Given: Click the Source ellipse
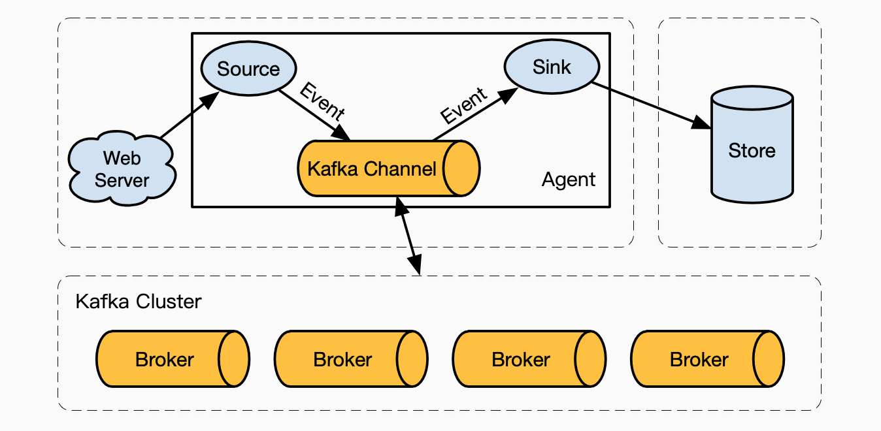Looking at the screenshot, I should tap(248, 69).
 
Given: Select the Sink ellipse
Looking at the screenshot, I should tap(552, 67).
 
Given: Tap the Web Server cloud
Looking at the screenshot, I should tap(122, 168).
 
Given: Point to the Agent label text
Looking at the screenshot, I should tap(569, 180).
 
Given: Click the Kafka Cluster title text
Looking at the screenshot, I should tap(139, 302).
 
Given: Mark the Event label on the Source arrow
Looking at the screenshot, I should tap(322, 101).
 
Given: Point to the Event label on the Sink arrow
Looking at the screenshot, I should tap(463, 105).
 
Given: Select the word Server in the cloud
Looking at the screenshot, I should tap(122, 180).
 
